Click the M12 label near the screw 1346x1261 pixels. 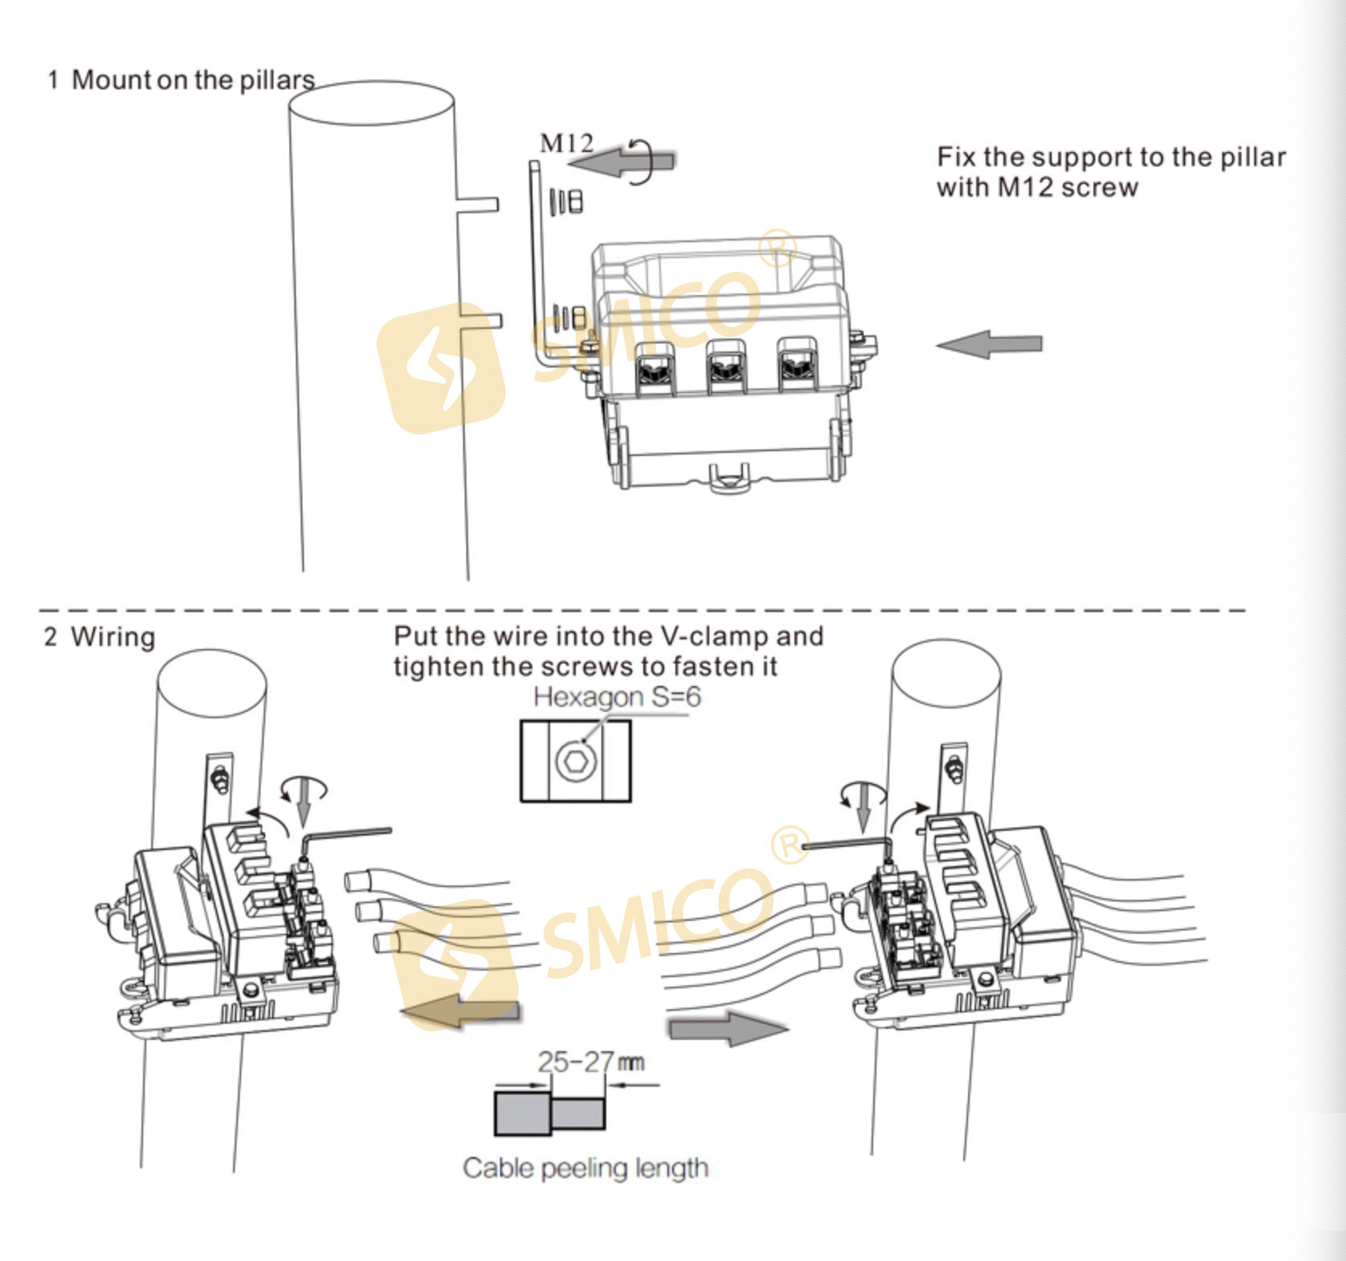pyautogui.click(x=566, y=143)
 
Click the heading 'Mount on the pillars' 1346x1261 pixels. pyautogui.click(x=193, y=80)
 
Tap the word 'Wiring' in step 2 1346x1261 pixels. pyautogui.click(x=113, y=636)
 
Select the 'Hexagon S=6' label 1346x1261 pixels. pyautogui.click(x=617, y=696)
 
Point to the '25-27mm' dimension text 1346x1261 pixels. pyautogui.click(x=590, y=1062)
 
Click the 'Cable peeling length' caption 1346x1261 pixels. pyautogui.click(x=585, y=1168)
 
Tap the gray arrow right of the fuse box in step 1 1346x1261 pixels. pyautogui.click(x=990, y=344)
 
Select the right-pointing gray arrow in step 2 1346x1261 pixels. pyautogui.click(x=728, y=1028)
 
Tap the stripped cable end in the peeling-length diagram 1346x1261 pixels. pyautogui.click(x=578, y=1113)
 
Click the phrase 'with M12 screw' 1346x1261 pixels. pyautogui.click(x=1037, y=187)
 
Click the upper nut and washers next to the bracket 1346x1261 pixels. pyautogui.click(x=568, y=201)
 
